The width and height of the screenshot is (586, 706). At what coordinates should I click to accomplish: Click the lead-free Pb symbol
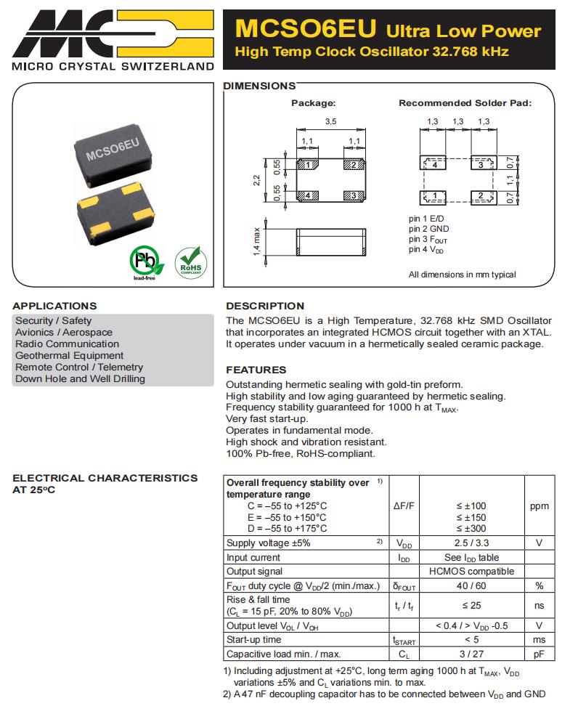pyautogui.click(x=143, y=261)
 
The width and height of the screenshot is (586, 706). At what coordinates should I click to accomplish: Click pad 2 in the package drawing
pyautogui.click(x=352, y=166)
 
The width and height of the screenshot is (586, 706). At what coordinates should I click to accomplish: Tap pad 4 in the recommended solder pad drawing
pyautogui.click(x=434, y=165)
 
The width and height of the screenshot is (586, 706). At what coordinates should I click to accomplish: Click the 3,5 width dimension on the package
pyautogui.click(x=330, y=121)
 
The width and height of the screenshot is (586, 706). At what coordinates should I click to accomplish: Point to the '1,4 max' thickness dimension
pyautogui.click(x=256, y=240)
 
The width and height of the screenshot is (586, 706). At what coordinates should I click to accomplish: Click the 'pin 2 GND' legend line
pyautogui.click(x=428, y=230)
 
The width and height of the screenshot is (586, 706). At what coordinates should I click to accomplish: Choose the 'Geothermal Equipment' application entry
pyautogui.click(x=70, y=356)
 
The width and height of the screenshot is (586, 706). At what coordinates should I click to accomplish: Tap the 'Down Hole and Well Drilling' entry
pyautogui.click(x=80, y=379)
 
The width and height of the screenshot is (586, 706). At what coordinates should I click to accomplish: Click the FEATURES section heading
pyautogui.click(x=256, y=370)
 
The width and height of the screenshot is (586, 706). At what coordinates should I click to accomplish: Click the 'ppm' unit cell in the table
pyautogui.click(x=539, y=506)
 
